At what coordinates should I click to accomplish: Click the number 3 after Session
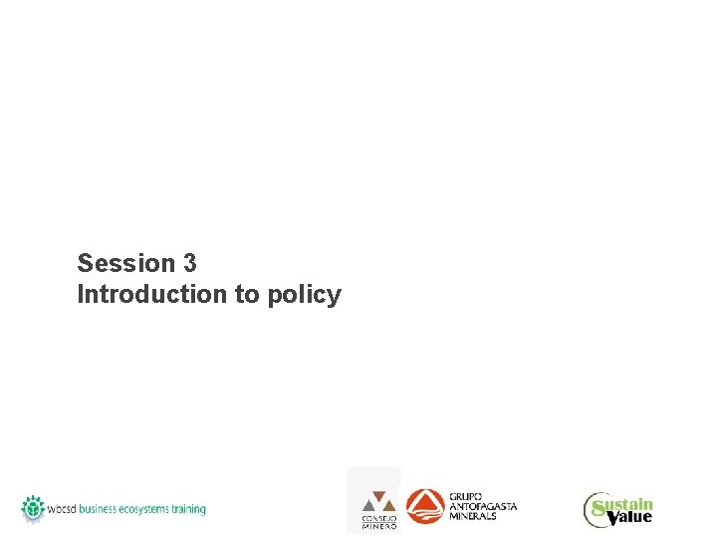pos(189,263)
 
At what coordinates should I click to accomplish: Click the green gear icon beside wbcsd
pos(34,507)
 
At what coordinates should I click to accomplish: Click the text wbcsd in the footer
pos(62,509)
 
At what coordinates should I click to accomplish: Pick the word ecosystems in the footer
pos(144,509)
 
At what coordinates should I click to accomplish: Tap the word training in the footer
pos(189,509)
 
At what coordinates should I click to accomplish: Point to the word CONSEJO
pos(378,519)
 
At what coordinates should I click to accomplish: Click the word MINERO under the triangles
pos(378,526)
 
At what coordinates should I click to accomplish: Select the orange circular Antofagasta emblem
pos(425,506)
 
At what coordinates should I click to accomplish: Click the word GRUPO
pos(465,496)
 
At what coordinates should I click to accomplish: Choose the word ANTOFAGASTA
pos(483,506)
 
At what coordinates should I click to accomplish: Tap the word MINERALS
pos(473,516)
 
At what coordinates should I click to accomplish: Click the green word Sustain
pos(630,504)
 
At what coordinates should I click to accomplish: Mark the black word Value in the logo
pos(629,517)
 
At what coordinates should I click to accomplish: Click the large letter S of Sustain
pos(598,511)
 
